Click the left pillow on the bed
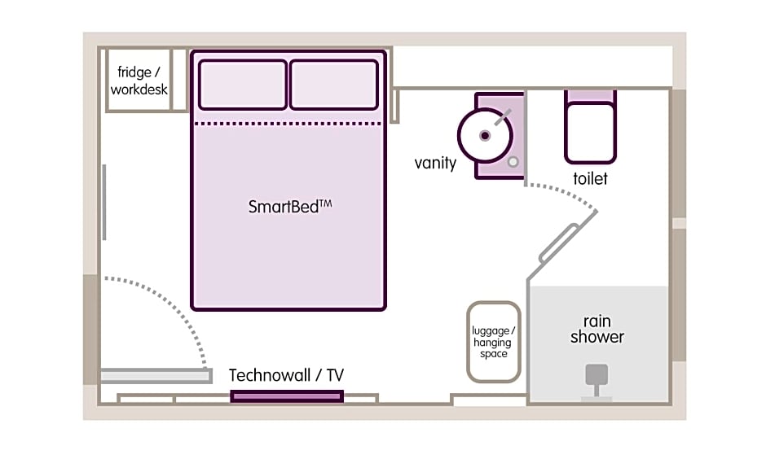(x=242, y=85)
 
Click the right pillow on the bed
(x=334, y=85)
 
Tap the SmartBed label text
(x=290, y=207)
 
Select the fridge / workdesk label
(x=139, y=81)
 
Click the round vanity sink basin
(x=485, y=136)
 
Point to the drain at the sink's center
(x=485, y=136)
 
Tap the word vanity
(x=435, y=163)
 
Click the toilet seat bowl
(x=590, y=133)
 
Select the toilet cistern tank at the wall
(x=590, y=96)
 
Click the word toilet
(x=590, y=178)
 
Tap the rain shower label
(x=597, y=329)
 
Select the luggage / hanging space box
(x=493, y=342)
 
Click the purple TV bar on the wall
(x=287, y=396)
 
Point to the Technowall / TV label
(x=286, y=375)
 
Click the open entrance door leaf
(x=156, y=376)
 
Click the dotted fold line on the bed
(x=288, y=124)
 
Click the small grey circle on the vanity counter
(x=513, y=162)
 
